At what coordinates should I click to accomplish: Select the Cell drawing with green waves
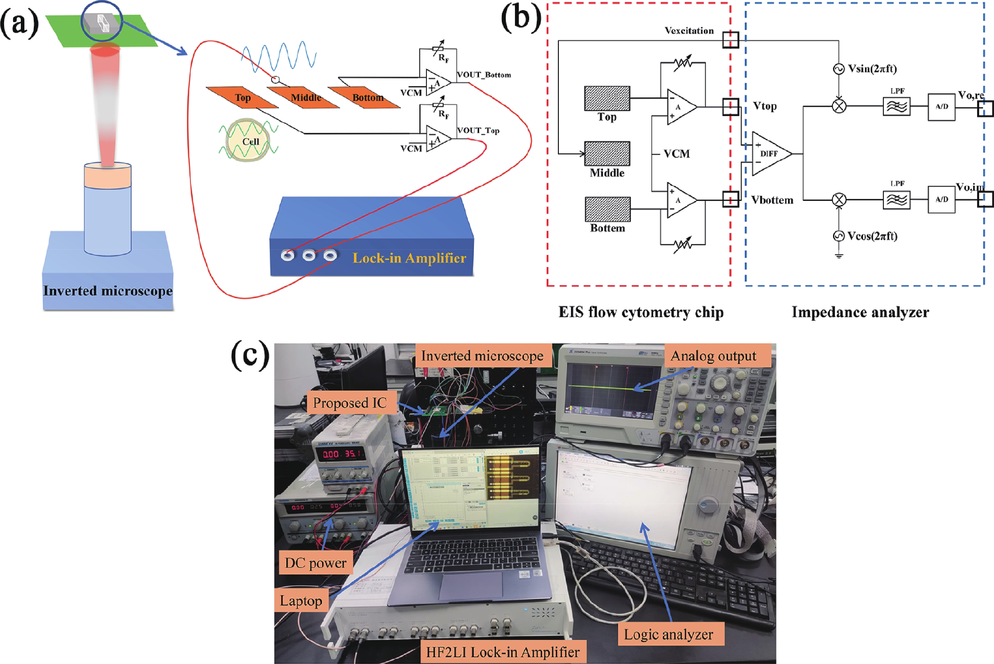pos(249,140)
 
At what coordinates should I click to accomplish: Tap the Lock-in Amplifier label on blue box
pos(409,258)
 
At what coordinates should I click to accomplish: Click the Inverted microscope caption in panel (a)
pos(108,291)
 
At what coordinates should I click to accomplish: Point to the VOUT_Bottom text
pos(484,75)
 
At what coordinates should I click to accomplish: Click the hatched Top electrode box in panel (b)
pos(607,98)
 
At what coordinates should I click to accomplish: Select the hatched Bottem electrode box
pos(607,209)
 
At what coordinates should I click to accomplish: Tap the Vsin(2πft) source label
pos(872,69)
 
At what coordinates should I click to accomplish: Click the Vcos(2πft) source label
pos(872,236)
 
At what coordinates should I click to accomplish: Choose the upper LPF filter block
pos(896,106)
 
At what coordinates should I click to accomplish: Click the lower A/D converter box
pos(942,200)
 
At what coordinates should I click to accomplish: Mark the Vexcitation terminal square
pos(731,40)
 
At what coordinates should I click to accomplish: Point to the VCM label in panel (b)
pos(677,154)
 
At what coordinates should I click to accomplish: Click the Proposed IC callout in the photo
pos(350,403)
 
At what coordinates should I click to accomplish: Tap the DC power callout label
pos(316,563)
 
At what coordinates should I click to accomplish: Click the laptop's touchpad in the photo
pos(471,586)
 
